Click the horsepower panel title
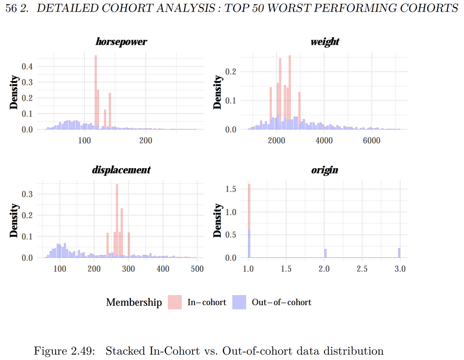tap(121, 42)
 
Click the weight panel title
tap(324, 42)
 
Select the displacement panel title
tap(121, 170)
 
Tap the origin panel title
tap(324, 170)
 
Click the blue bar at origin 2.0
tap(325, 253)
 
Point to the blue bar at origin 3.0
tap(399, 253)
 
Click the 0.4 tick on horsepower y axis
tap(28, 67)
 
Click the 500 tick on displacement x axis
tap(197, 269)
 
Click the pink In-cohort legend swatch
tap(175, 302)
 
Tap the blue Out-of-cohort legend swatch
tap(239, 302)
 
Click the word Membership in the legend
tap(134, 302)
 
